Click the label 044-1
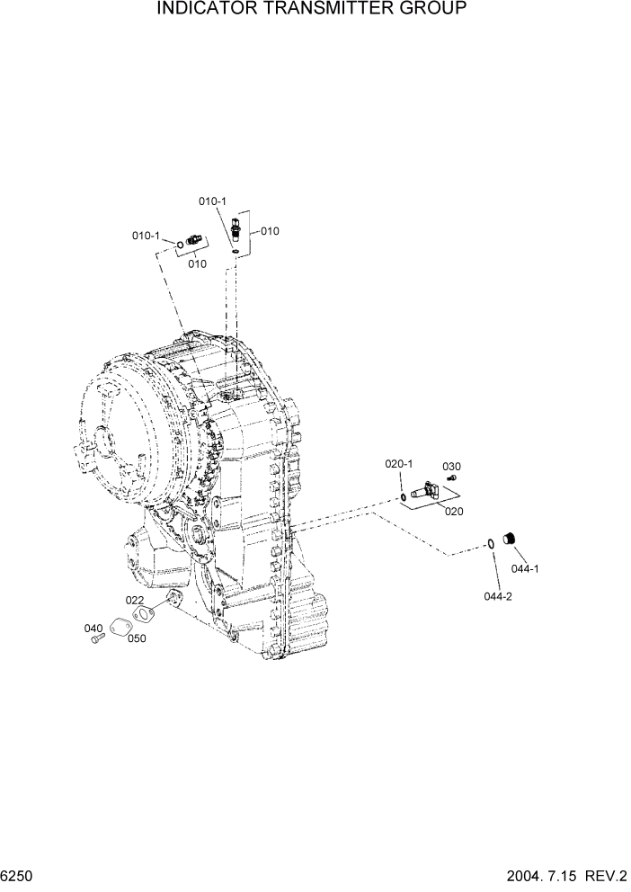[x=525, y=568]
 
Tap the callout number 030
[x=450, y=466]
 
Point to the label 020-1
[x=398, y=464]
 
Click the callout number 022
[x=134, y=600]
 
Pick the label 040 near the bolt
[x=93, y=628]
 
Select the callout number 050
[x=137, y=638]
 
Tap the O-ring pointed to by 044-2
[x=491, y=543]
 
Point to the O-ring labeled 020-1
[x=402, y=495]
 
